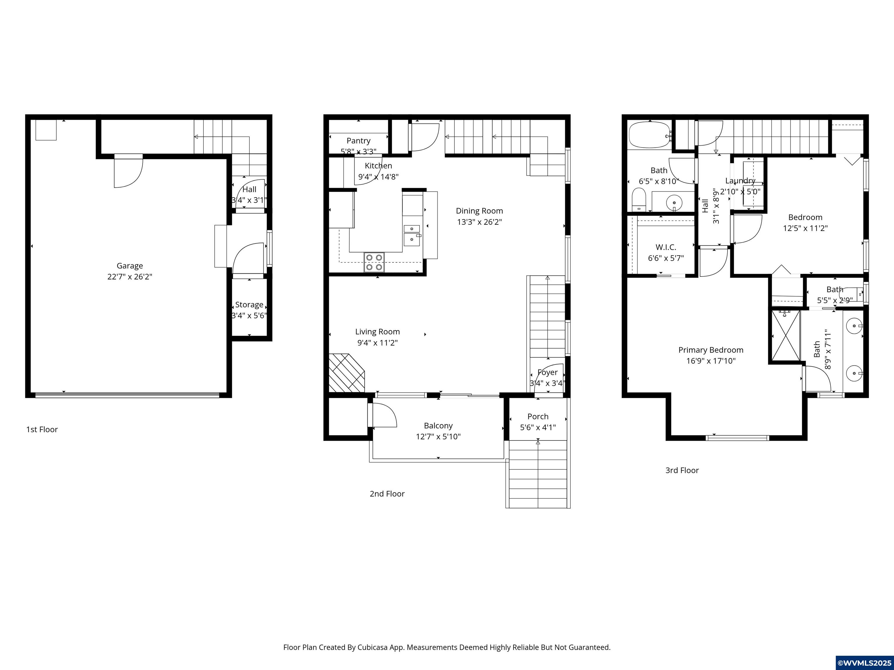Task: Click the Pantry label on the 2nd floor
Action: tap(358, 140)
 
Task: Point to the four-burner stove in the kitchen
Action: tap(374, 262)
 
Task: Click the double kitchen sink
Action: tap(412, 235)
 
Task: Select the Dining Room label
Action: tap(479, 211)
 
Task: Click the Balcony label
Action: tap(438, 426)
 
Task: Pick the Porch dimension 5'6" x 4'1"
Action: tap(538, 427)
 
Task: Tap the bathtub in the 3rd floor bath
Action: tap(649, 135)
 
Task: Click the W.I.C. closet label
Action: tap(666, 247)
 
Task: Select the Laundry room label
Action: tap(740, 181)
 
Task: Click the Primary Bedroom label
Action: tap(710, 350)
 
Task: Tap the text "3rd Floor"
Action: tap(682, 470)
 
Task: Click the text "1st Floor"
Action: tap(42, 429)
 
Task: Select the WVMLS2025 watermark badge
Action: tap(864, 663)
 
